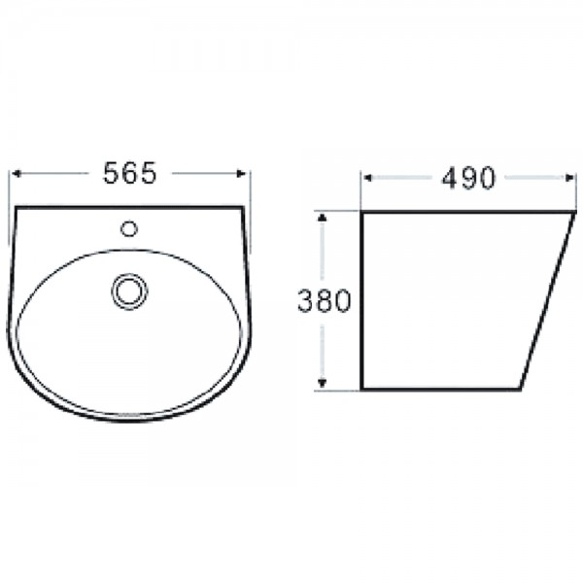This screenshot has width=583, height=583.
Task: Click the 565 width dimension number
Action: [x=130, y=173]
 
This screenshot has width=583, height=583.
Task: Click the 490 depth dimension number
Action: [x=468, y=178]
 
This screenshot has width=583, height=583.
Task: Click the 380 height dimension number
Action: [x=325, y=300]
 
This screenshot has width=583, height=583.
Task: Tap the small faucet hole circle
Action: [x=129, y=228]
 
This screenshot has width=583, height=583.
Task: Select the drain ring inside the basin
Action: [x=129, y=292]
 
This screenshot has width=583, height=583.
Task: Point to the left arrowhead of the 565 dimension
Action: [x=16, y=174]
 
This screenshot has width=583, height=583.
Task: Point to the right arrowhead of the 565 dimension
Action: [x=241, y=174]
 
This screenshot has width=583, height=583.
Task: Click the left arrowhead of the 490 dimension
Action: [x=367, y=178]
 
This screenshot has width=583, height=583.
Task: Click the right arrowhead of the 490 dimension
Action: [x=568, y=178]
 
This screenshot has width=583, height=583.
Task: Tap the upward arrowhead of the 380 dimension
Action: [x=323, y=218]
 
